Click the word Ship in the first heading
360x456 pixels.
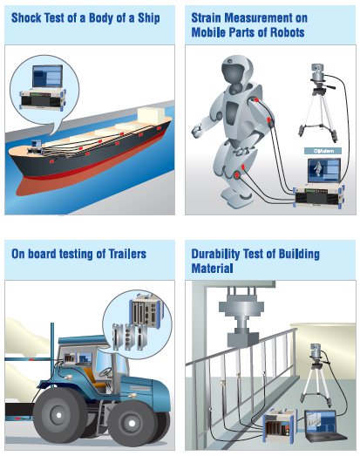pyautogui.click(x=148, y=18)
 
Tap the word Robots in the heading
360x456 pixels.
pyautogui.click(x=288, y=32)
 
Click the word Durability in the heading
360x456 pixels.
pyautogui.click(x=215, y=255)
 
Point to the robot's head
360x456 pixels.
pyautogui.click(x=236, y=70)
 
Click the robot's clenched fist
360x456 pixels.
pyautogui.click(x=197, y=130)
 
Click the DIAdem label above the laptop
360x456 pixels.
pyautogui.click(x=323, y=151)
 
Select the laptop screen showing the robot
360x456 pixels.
pyautogui.click(x=324, y=170)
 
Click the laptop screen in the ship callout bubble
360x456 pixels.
pyautogui.click(x=47, y=76)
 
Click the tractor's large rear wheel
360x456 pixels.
pyautogui.click(x=60, y=415)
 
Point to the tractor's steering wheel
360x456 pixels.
pyautogui.click(x=105, y=372)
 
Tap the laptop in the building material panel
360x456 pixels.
pyautogui.click(x=324, y=425)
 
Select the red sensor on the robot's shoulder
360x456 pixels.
pyautogui.click(x=256, y=100)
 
